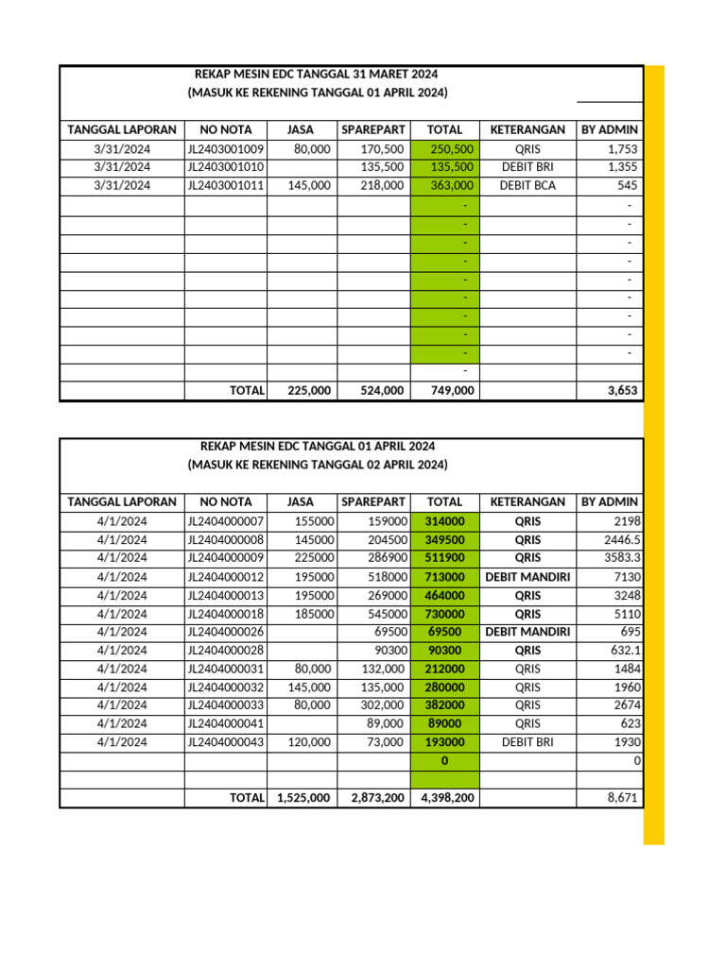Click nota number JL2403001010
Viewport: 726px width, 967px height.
tap(226, 167)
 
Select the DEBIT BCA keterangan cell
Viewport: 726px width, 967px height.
tap(527, 186)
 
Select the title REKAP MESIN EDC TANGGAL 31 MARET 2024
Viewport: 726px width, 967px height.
tap(317, 74)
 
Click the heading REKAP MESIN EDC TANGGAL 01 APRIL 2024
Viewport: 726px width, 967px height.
tap(318, 446)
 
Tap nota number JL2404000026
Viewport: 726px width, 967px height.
tap(226, 632)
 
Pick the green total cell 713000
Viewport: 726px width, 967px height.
tap(445, 577)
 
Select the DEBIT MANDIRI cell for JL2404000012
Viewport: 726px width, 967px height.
tap(527, 577)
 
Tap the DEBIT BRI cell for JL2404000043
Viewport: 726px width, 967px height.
tap(527, 742)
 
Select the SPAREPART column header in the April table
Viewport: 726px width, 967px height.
tap(373, 502)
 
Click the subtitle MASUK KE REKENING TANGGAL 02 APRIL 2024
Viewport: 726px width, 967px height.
tap(318, 466)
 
